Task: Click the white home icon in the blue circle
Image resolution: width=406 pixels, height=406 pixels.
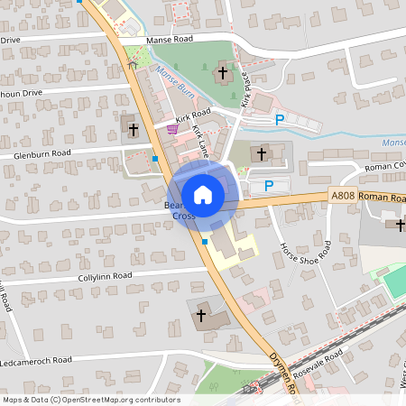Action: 203,194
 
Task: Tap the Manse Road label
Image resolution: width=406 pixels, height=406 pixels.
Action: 171,40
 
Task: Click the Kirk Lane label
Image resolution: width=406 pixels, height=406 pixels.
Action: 201,142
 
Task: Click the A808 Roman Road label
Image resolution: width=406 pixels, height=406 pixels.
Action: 368,197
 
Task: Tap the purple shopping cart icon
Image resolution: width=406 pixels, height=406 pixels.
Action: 171,129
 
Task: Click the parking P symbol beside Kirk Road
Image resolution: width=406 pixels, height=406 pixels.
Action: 280,119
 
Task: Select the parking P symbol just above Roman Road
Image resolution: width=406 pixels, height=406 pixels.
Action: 268,186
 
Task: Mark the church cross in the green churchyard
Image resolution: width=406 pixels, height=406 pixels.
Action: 223,71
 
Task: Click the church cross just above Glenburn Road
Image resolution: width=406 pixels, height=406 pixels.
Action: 133,129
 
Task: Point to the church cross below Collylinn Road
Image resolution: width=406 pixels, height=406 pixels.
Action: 200,314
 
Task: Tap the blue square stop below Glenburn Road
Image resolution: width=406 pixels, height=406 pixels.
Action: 155,159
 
